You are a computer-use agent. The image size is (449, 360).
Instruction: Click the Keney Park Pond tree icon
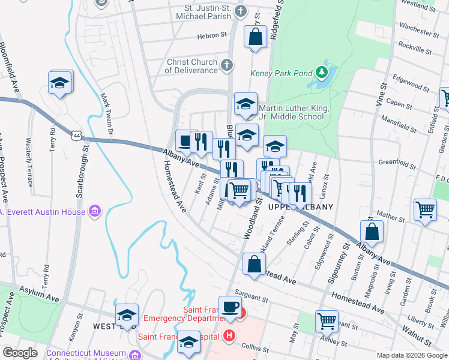click(322, 73)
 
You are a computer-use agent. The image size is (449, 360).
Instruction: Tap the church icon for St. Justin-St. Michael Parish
click(240, 11)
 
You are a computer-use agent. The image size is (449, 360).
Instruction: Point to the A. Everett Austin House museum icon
click(94, 211)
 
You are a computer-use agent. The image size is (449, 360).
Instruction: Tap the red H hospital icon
click(228, 336)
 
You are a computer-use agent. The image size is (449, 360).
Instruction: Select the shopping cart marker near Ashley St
click(327, 320)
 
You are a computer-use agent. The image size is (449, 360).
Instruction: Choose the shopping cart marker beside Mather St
click(425, 211)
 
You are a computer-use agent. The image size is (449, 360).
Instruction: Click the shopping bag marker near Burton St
click(372, 232)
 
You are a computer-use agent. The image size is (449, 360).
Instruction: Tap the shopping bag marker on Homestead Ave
click(255, 264)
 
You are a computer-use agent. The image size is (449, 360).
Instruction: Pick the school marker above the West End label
click(127, 314)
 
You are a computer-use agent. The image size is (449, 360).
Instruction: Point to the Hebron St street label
click(210, 36)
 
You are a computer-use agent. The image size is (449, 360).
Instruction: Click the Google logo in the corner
click(20, 353)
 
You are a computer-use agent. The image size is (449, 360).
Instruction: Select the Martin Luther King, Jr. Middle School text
click(291, 112)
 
